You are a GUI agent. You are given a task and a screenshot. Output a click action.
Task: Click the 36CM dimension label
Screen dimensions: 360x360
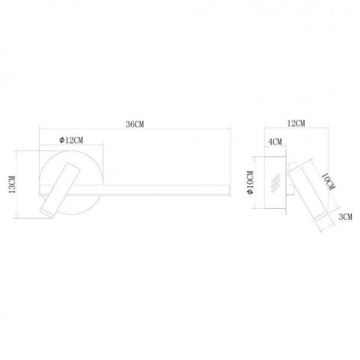pos(135,124)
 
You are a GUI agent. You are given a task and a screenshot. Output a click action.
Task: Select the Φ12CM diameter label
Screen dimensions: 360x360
pos(71,140)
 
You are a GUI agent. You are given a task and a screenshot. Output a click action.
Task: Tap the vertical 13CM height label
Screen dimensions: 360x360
pos(12,184)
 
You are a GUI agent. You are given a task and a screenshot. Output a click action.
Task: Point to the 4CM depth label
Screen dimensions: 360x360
pos(275,141)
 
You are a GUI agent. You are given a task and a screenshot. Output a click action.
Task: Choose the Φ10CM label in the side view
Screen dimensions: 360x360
pos(250,183)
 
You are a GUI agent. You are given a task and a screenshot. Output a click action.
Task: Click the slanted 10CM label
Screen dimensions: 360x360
pos(328,182)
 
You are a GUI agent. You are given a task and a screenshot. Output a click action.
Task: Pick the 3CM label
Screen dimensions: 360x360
pos(345,217)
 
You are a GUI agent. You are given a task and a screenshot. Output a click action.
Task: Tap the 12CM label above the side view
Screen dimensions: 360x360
pos(296,123)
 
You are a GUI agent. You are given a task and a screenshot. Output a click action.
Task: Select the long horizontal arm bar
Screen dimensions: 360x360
pos(150,190)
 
